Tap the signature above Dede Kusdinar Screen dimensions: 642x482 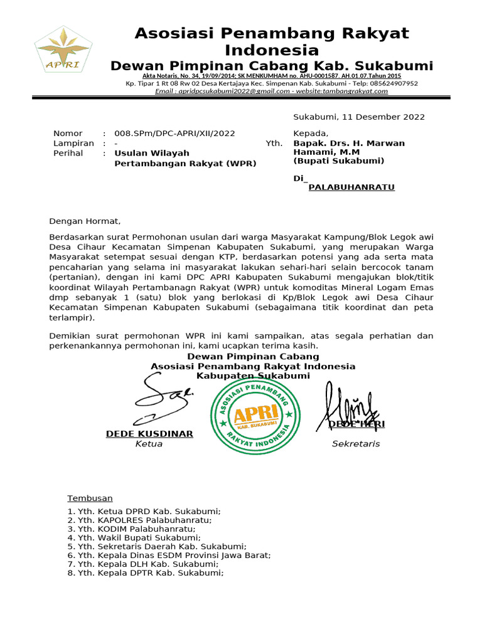(163, 399)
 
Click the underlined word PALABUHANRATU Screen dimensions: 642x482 (351, 187)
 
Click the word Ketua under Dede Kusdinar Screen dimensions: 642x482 (149, 444)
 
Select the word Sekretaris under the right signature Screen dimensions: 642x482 (355, 444)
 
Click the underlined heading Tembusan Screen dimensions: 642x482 (90, 498)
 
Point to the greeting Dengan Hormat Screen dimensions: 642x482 (84, 221)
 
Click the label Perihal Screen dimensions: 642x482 (68, 153)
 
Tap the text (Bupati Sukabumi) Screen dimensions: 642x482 (339, 160)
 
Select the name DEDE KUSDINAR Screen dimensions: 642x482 (149, 434)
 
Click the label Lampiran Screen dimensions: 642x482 (73, 143)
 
